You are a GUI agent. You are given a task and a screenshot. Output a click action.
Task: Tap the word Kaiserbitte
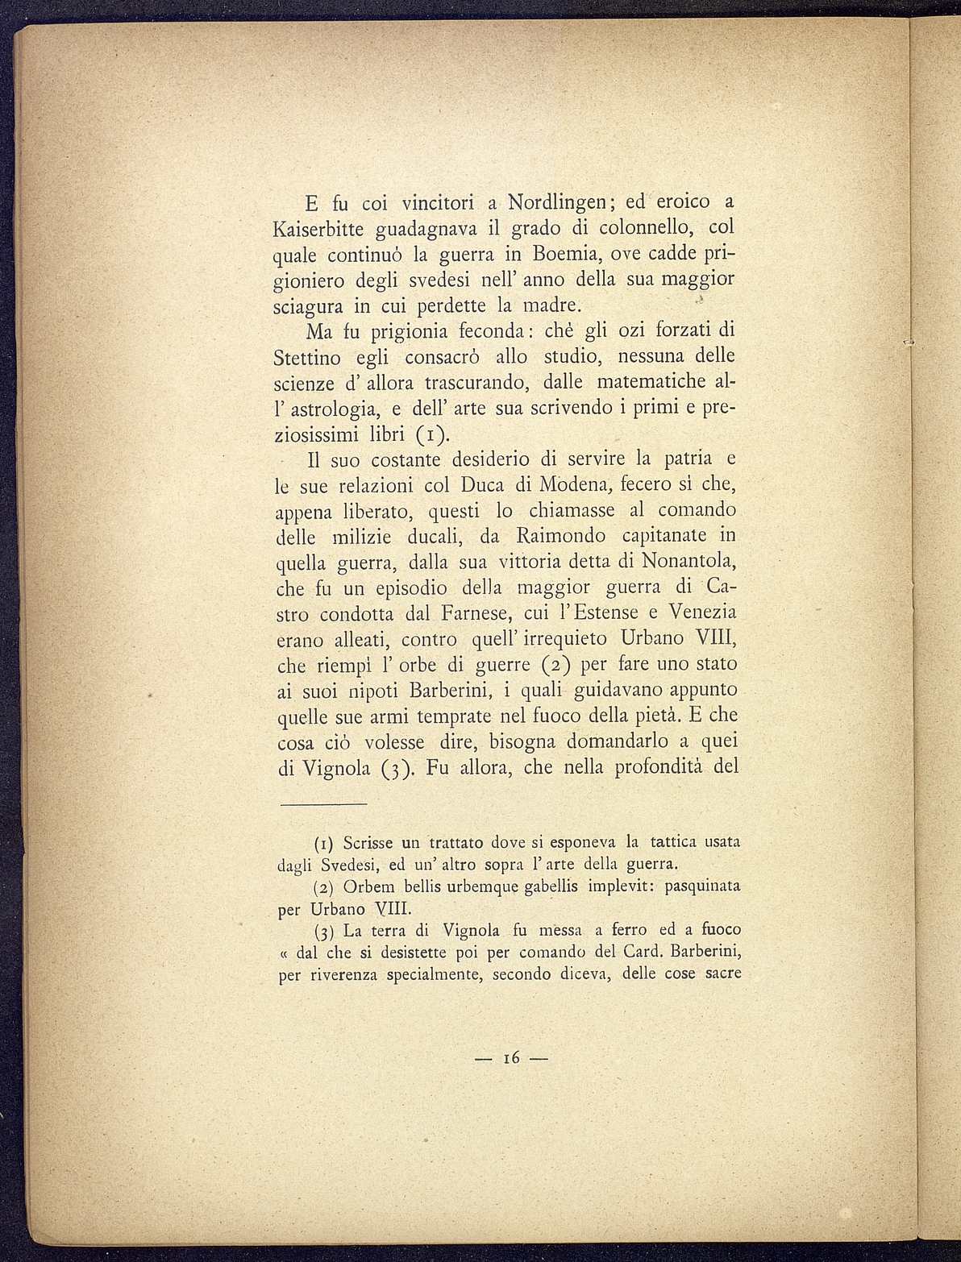319,228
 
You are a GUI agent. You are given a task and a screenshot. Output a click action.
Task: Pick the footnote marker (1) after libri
431,435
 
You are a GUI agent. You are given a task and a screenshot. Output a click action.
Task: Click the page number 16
510,1057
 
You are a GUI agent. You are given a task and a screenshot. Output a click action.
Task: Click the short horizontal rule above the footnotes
322,805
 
